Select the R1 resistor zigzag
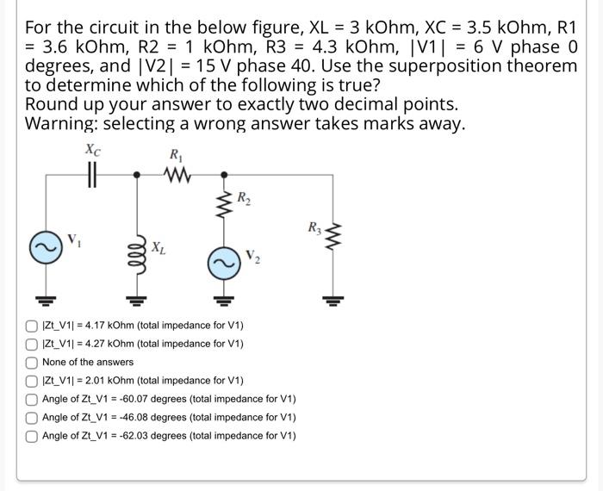178,175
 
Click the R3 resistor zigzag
331,233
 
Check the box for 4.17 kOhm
31,326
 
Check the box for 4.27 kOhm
31,345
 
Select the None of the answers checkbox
31,363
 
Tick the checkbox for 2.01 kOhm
31,381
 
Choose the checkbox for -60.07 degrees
31,400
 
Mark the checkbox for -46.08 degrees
31,418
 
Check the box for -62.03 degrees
31,436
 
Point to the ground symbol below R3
331,300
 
